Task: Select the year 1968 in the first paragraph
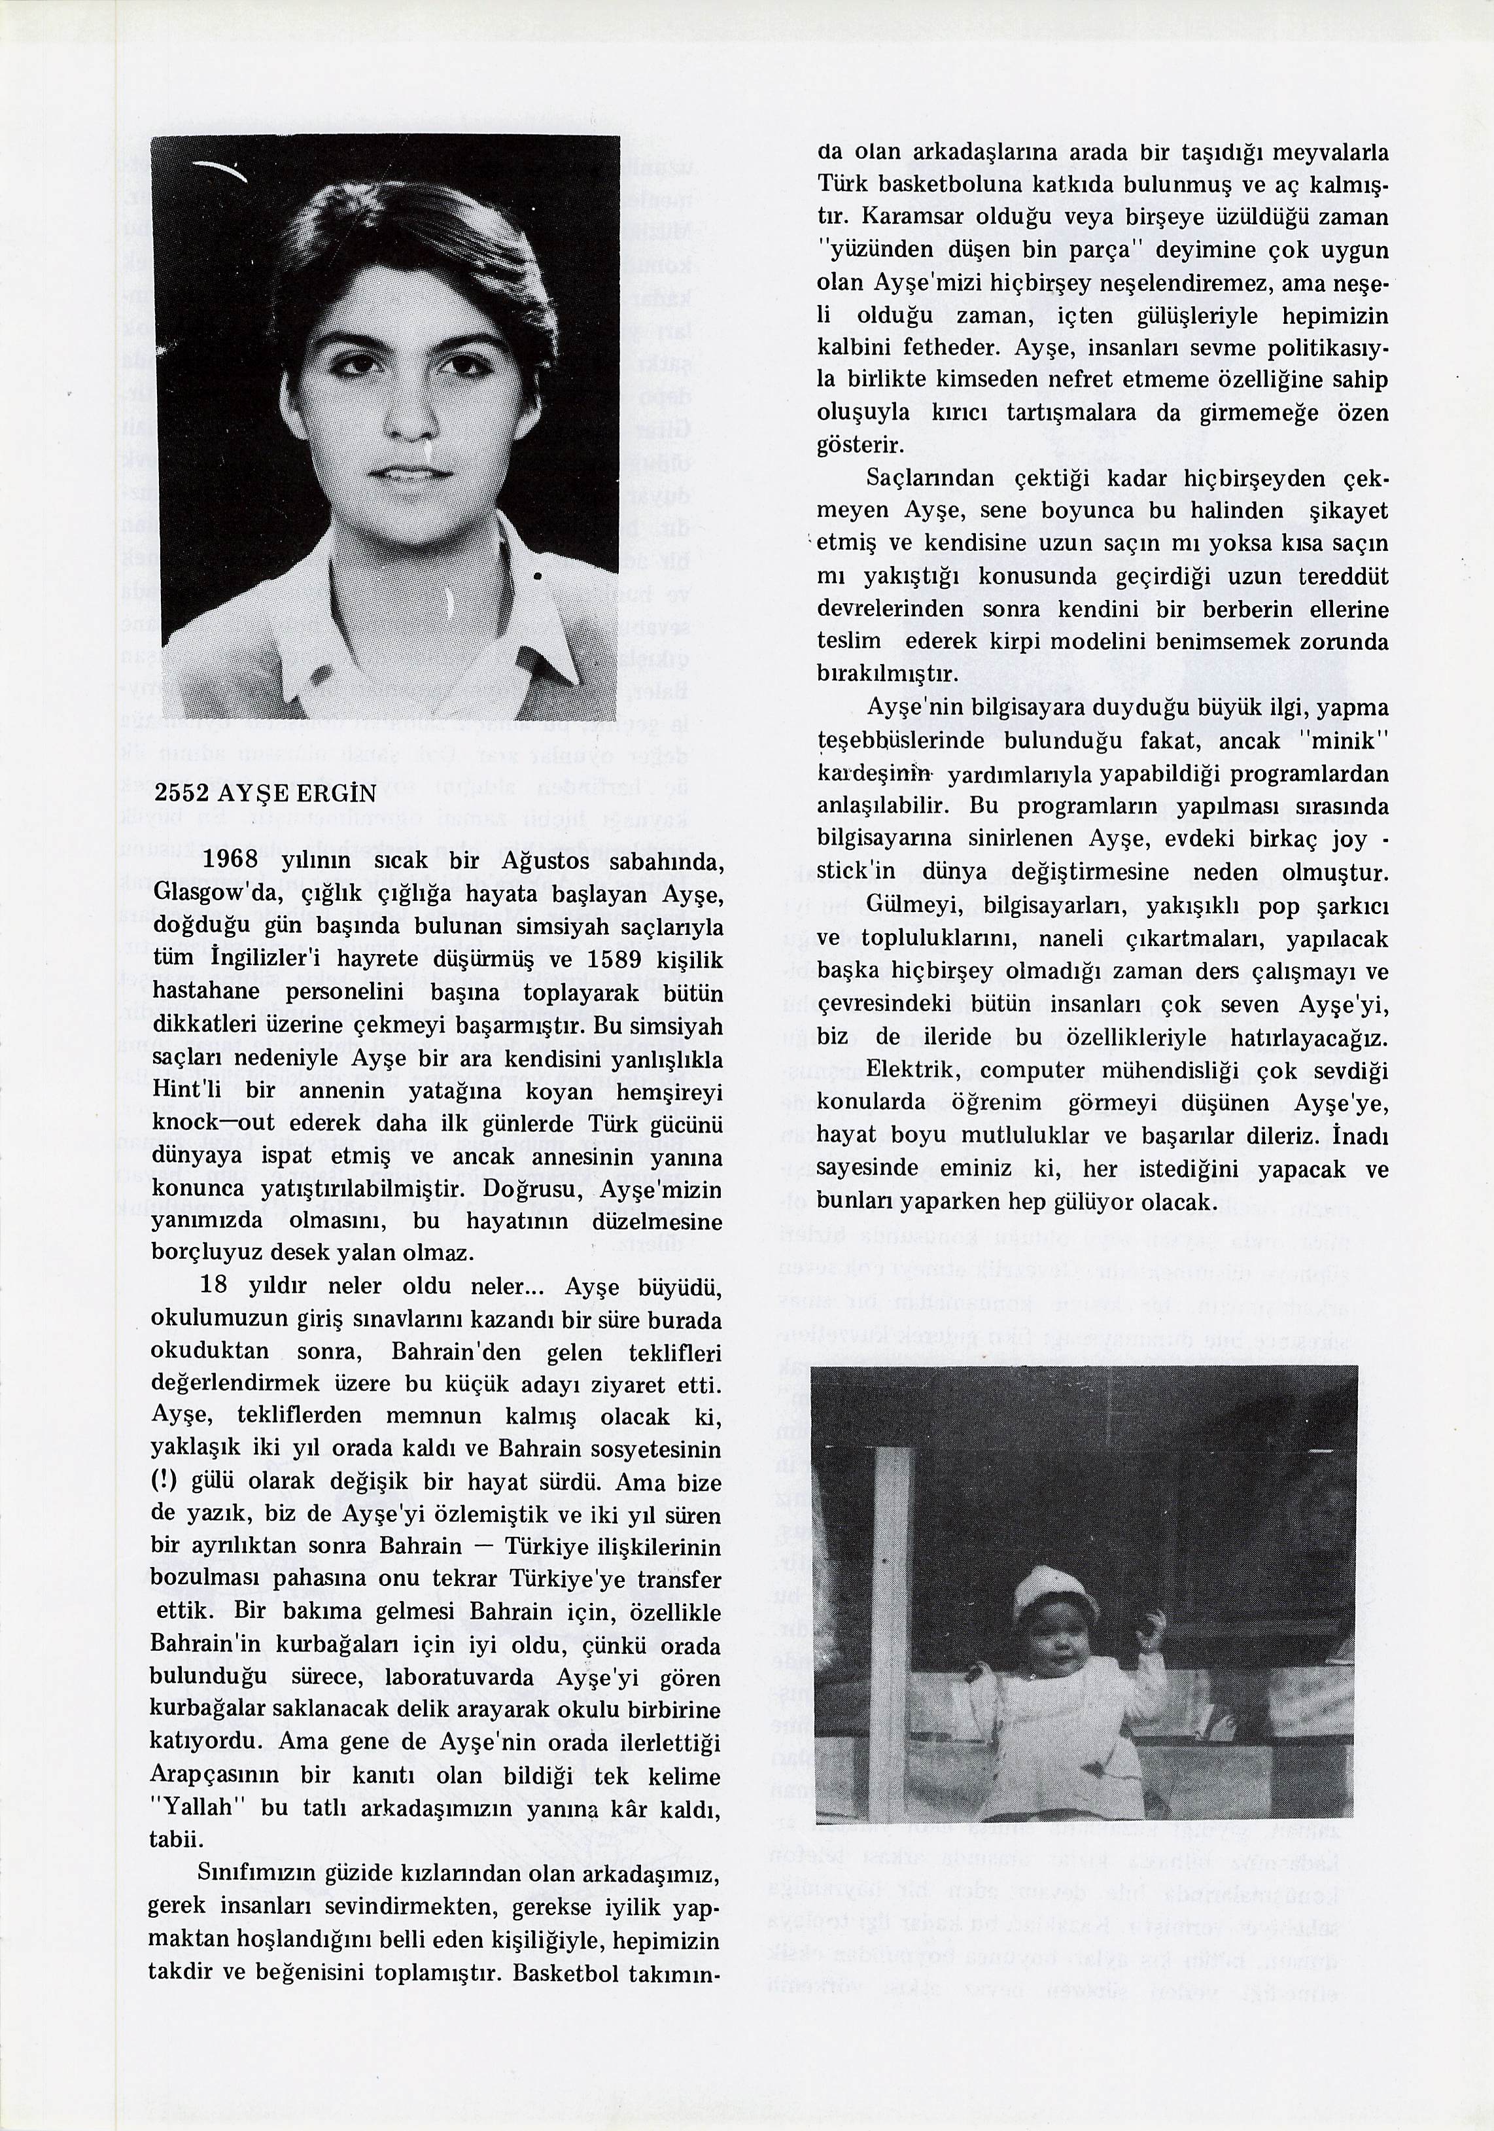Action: (x=229, y=860)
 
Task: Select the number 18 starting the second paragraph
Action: (x=213, y=1286)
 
